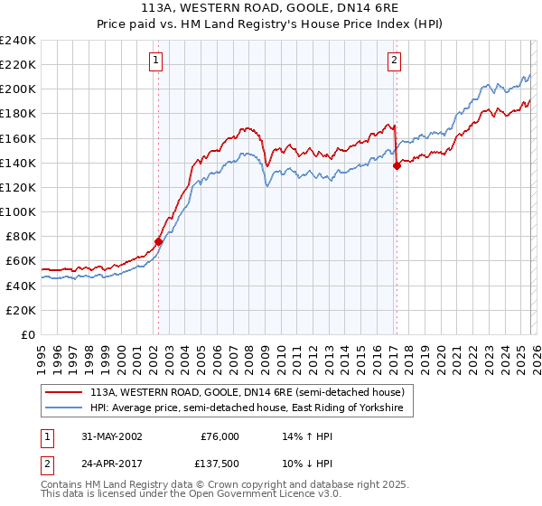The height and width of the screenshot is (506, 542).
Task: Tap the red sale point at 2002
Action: [158, 241]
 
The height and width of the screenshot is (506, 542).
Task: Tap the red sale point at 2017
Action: [397, 165]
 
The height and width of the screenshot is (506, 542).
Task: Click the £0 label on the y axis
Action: [27, 334]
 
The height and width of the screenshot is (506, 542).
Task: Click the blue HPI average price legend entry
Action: [249, 408]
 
